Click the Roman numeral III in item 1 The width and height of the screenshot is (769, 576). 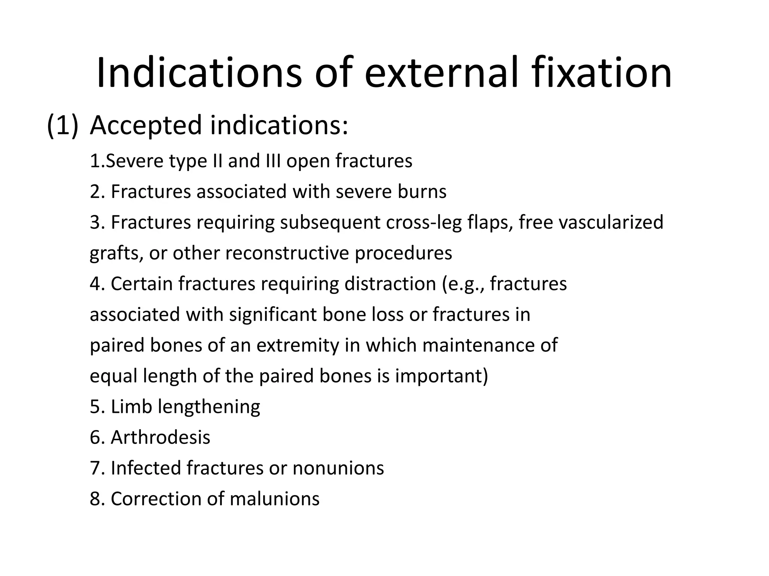pos(273,161)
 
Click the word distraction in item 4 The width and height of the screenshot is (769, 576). pos(390,283)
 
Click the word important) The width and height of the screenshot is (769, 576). pos(442,376)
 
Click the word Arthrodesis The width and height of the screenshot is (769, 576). pos(160,437)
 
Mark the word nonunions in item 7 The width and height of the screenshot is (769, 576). pos(338,468)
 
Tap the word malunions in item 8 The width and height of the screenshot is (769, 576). pos(274,499)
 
